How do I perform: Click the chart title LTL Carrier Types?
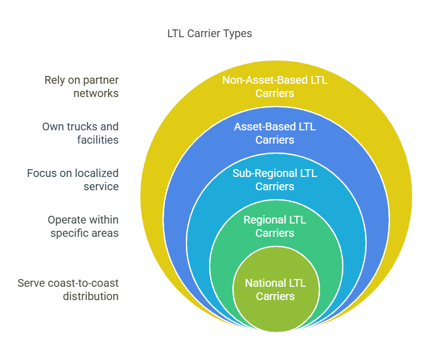pos(209,34)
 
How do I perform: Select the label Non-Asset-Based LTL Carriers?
pos(275,87)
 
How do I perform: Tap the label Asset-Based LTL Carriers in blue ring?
pos(275,133)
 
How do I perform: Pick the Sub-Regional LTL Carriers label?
pos(275,180)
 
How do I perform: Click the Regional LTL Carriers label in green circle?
pos(275,226)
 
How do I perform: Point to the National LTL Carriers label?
pos(275,290)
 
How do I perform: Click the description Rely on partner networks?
pos(82,87)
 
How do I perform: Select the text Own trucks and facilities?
pos(80,133)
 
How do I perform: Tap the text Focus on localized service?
pos(73,180)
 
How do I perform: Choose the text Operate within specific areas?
pos(83,226)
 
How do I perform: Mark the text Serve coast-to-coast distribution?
pos(68,290)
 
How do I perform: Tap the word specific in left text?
pos(69,233)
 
